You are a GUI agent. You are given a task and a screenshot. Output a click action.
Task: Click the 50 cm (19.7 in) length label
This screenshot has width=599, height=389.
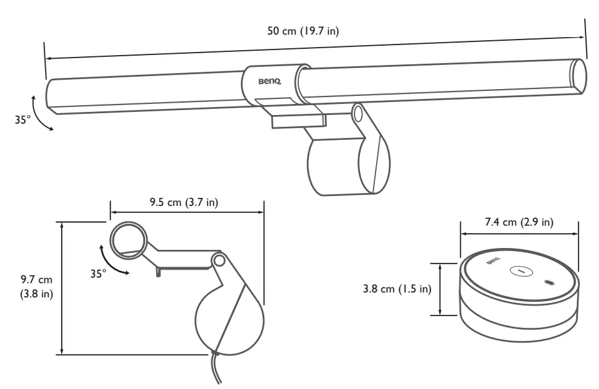[x=303, y=32]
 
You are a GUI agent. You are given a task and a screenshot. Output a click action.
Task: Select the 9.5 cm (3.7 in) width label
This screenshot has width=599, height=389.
[x=183, y=202]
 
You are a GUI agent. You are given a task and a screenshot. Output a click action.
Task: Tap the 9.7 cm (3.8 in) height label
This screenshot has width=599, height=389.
[x=36, y=287]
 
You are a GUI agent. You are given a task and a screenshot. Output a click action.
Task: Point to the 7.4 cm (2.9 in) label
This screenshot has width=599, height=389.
[x=519, y=223]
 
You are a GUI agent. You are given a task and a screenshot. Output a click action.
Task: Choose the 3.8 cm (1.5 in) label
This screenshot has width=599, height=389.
[x=397, y=289]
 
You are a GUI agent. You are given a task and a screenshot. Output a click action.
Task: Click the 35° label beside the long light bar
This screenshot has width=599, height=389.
[x=23, y=120]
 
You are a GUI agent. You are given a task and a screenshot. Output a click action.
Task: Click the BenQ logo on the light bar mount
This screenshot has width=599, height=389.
[x=269, y=80]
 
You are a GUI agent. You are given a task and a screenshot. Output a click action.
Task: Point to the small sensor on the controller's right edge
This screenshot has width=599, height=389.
[x=548, y=283]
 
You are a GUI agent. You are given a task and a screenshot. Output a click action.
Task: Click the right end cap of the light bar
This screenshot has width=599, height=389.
[x=579, y=75]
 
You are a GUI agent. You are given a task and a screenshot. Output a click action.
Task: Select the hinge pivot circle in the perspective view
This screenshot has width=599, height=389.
[x=358, y=114]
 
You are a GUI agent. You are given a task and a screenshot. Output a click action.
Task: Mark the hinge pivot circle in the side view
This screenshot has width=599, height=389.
[x=217, y=260]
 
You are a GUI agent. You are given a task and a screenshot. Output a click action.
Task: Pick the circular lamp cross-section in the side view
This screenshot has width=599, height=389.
[x=128, y=239]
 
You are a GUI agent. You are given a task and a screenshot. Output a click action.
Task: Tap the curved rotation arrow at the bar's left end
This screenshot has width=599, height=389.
[x=38, y=113]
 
